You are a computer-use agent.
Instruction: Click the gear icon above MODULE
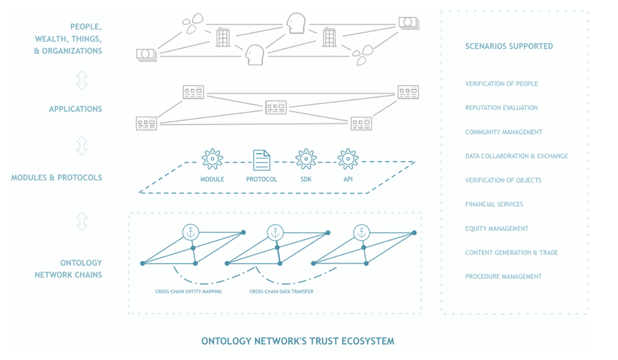pyautogui.click(x=212, y=159)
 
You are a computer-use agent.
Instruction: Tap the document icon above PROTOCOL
pyautogui.click(x=262, y=159)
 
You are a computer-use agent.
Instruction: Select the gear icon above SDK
pyautogui.click(x=307, y=159)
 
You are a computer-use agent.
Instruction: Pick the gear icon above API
pyautogui.click(x=348, y=159)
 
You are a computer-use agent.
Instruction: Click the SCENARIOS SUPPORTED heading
pyautogui.click(x=509, y=46)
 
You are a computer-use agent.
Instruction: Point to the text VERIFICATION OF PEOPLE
pyautogui.click(x=501, y=83)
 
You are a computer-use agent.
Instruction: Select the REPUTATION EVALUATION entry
pyautogui.click(x=501, y=107)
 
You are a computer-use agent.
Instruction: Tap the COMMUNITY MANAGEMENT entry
pyautogui.click(x=504, y=132)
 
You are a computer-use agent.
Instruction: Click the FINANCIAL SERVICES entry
pyautogui.click(x=494, y=205)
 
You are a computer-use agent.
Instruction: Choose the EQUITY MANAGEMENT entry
pyautogui.click(x=497, y=229)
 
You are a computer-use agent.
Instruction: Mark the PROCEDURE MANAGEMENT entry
pyautogui.click(x=503, y=277)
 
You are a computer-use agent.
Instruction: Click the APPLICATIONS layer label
pyautogui.click(x=75, y=109)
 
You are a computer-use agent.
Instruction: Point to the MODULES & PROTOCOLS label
pyautogui.click(x=56, y=178)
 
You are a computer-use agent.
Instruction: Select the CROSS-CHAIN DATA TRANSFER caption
pyautogui.click(x=281, y=291)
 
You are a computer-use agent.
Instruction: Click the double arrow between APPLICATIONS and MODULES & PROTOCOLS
pyautogui.click(x=82, y=144)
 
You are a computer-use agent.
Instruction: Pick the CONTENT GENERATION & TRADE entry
pyautogui.click(x=511, y=253)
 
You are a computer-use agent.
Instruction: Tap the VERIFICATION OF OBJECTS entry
pyautogui.click(x=503, y=180)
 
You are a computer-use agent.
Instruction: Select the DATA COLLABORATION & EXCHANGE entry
pyautogui.click(x=516, y=156)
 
